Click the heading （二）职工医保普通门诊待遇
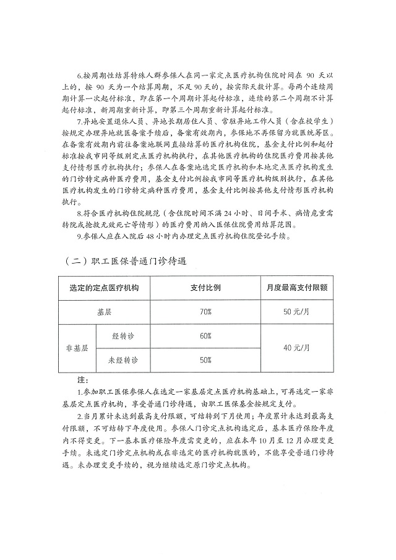125,262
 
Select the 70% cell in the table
205,312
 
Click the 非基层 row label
77,348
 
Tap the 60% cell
205,336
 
